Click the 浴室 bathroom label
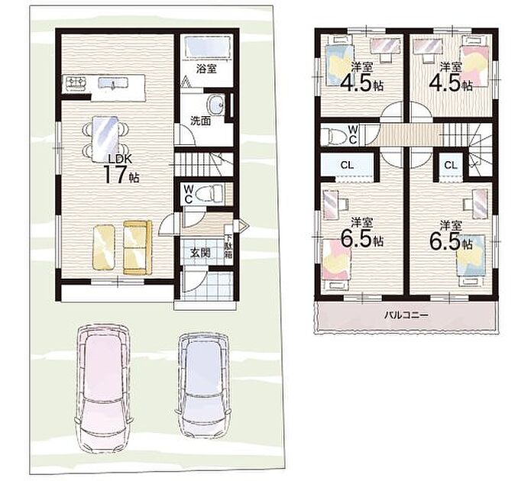pyautogui.click(x=206, y=69)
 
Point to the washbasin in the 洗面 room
pyautogui.click(x=215, y=105)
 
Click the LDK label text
pyautogui.click(x=117, y=158)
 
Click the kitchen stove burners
pyautogui.click(x=76, y=82)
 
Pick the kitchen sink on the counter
pyautogui.click(x=113, y=83)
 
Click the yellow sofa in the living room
pyautogui.click(x=138, y=247)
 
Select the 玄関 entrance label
pyautogui.click(x=200, y=253)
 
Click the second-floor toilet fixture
pyautogui.click(x=335, y=135)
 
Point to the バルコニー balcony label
pyautogui.click(x=406, y=315)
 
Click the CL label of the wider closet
pyautogui.click(x=347, y=165)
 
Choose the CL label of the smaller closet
pyautogui.click(x=451, y=165)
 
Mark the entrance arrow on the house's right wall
pyautogui.click(x=244, y=225)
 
